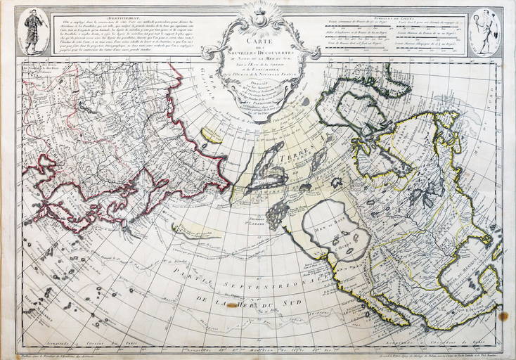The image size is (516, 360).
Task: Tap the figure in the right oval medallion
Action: [485, 31]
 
